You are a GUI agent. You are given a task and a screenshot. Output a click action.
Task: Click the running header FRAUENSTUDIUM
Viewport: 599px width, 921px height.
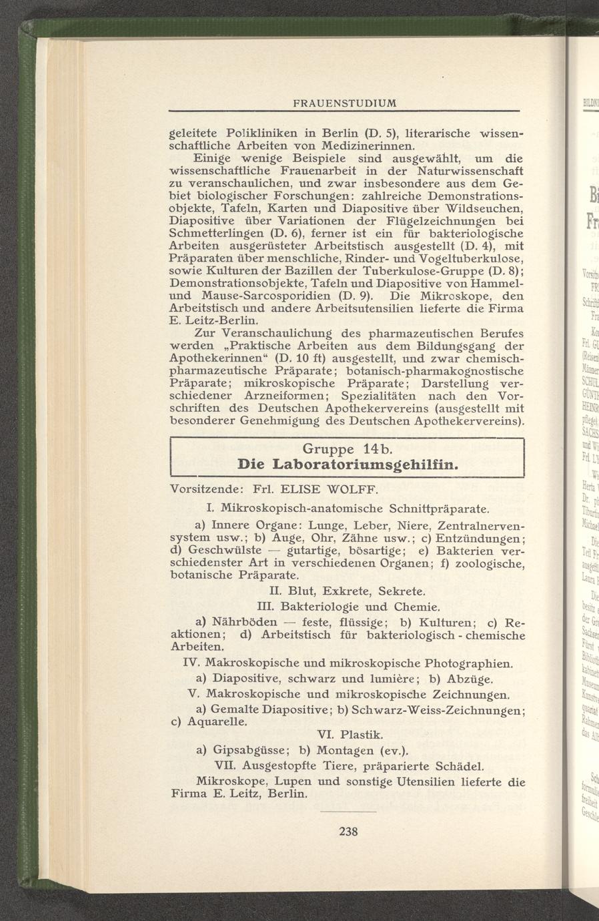[345, 103]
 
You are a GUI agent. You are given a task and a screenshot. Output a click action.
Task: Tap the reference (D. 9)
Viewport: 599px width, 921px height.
[356, 294]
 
